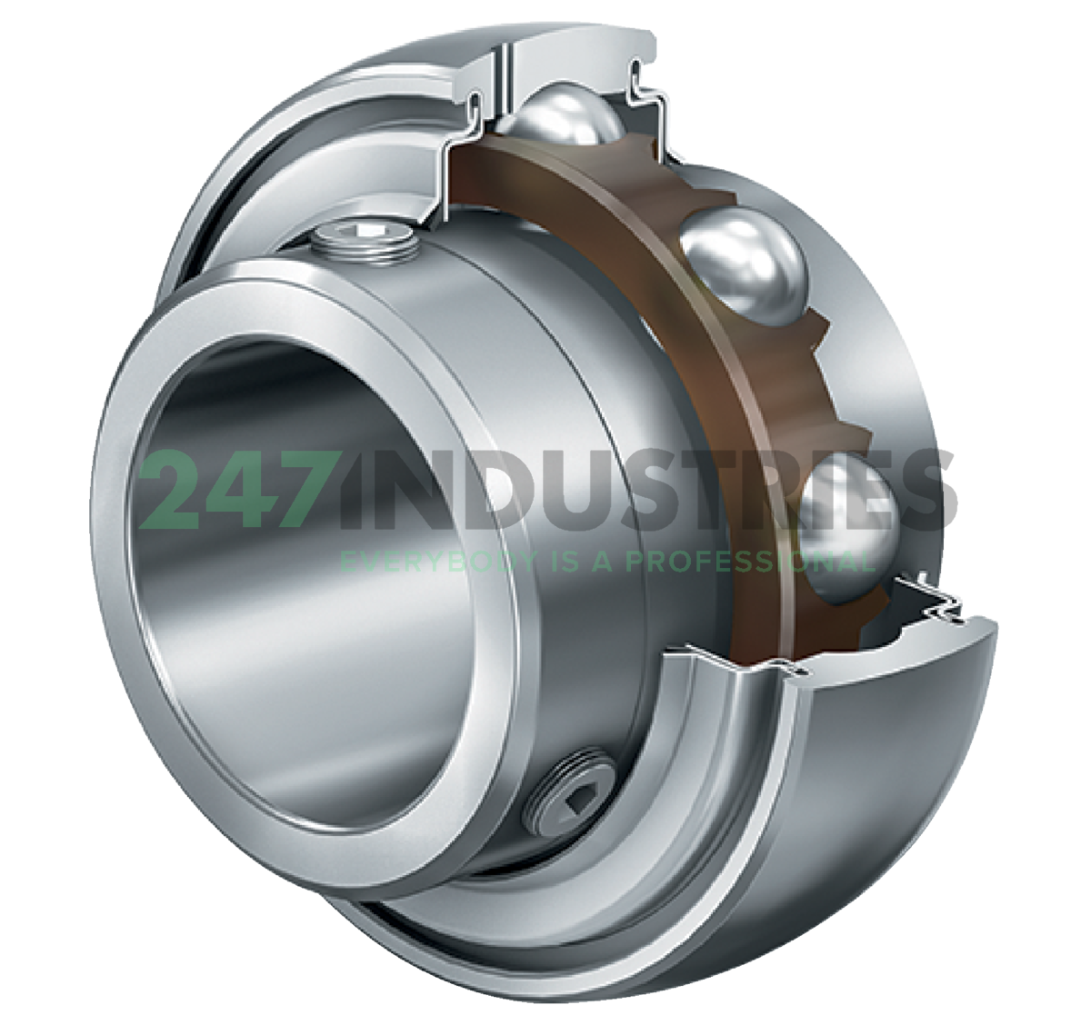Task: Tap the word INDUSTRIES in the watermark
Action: tap(627, 494)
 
